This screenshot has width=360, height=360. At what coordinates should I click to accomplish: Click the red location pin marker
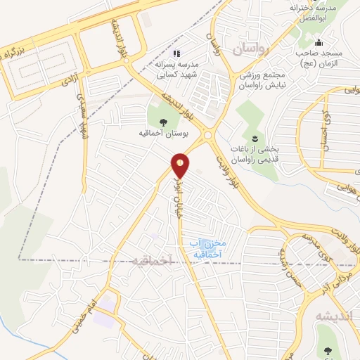181,165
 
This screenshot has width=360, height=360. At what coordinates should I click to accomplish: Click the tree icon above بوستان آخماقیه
163,122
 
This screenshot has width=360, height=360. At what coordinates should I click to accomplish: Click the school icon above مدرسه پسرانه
176,53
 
